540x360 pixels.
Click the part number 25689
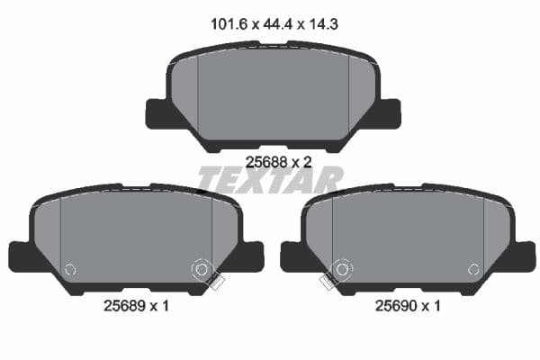(x=119, y=306)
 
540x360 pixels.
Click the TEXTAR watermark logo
(x=270, y=180)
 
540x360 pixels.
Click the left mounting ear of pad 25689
(x=22, y=256)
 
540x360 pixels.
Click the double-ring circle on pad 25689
(x=201, y=268)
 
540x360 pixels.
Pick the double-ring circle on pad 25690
(x=341, y=268)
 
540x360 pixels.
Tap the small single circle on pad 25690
(x=472, y=268)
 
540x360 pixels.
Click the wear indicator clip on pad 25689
(x=215, y=283)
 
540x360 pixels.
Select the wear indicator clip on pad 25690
(x=327, y=283)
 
